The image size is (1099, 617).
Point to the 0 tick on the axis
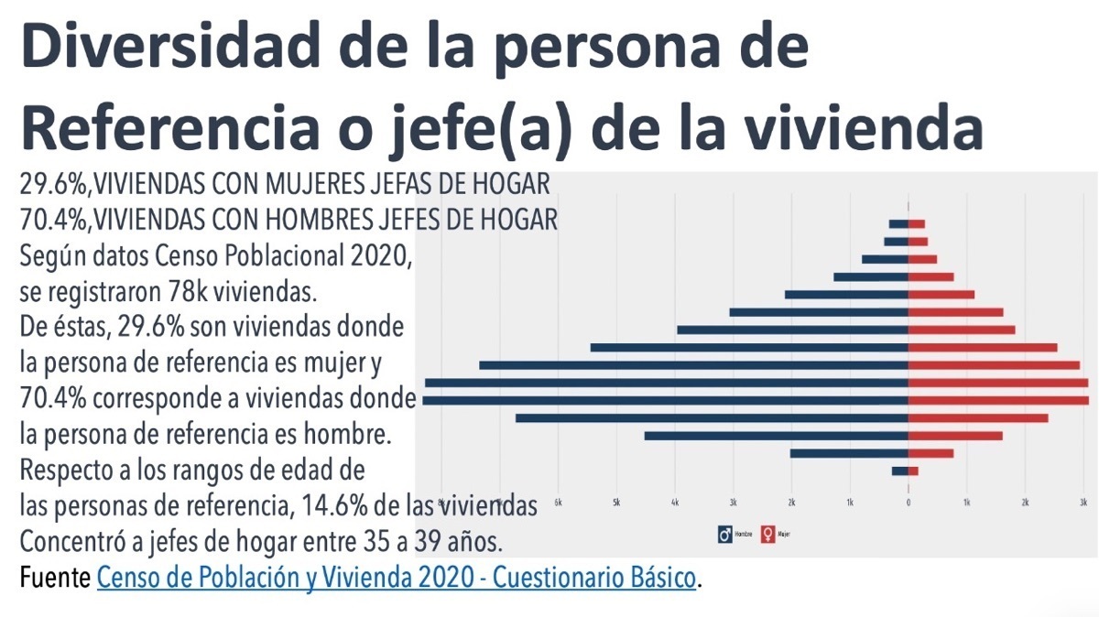click(909, 503)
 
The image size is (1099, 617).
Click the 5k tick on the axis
click(616, 503)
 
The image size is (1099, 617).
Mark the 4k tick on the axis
click(675, 503)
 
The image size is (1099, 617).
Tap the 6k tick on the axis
click(558, 503)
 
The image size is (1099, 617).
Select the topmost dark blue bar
click(898, 224)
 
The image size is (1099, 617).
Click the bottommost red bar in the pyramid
click(913, 471)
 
